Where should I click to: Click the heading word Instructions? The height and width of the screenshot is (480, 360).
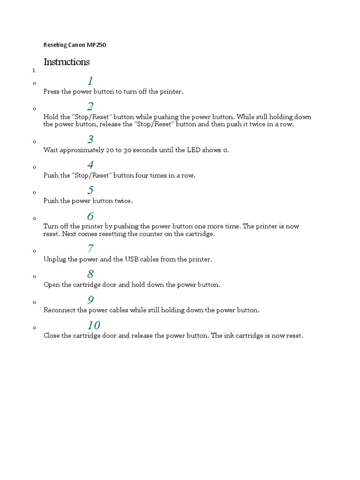pos(67,62)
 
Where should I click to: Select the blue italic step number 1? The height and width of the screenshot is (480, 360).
pos(90,81)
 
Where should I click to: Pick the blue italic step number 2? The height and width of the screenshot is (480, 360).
pos(90,106)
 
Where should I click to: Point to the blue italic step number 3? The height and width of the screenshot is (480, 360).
pos(90,139)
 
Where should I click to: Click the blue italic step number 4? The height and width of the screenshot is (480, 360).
pos(90,165)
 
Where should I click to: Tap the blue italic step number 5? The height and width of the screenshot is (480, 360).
pos(90,190)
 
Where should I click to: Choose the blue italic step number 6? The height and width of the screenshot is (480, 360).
pos(90,216)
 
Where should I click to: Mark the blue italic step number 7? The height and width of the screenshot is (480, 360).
pos(90,248)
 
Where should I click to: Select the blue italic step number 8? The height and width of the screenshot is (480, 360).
pos(90,274)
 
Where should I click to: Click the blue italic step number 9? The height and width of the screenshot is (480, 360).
pos(90,300)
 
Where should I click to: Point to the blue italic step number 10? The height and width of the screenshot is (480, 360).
pos(93,325)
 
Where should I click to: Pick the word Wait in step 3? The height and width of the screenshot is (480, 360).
pos(51,150)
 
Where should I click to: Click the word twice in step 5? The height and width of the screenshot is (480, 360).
pos(123,201)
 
